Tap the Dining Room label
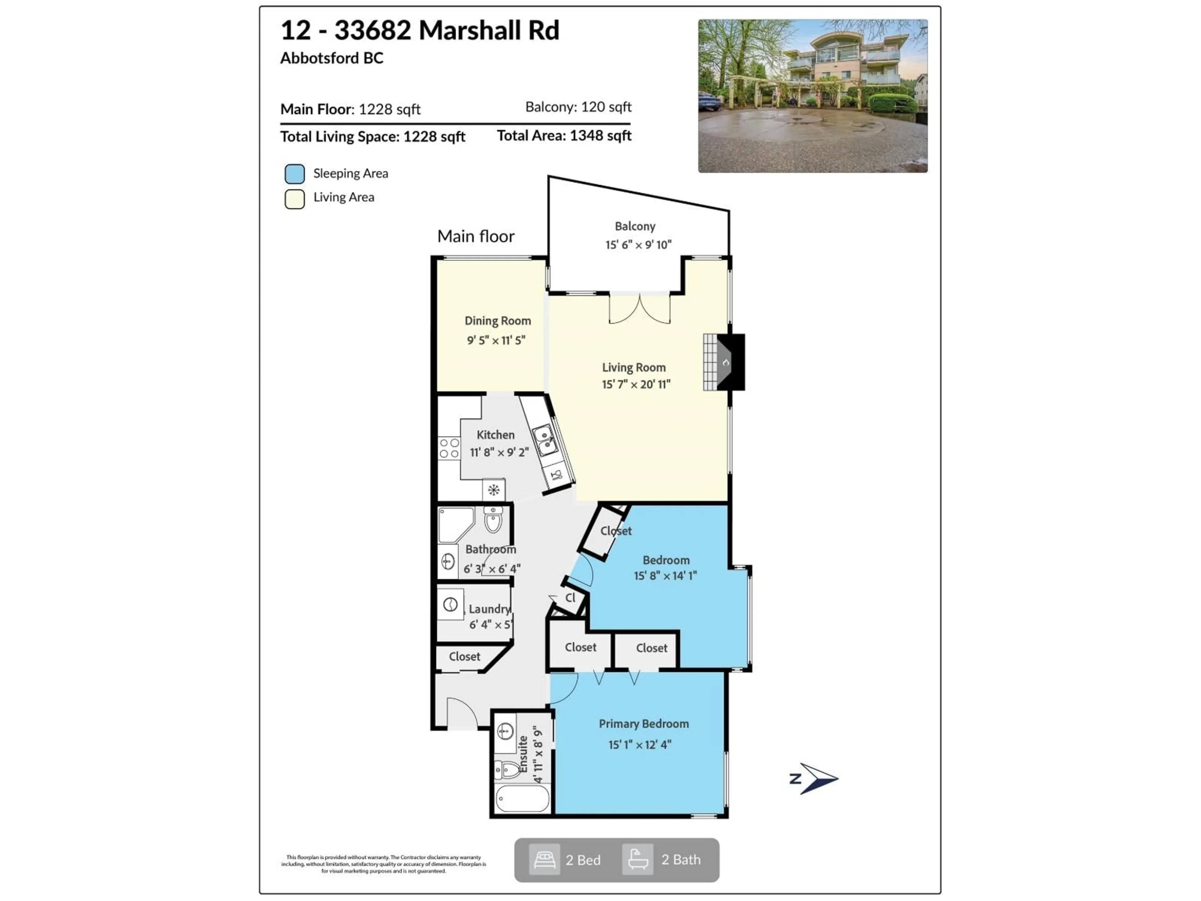tap(497, 321)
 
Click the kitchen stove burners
tap(449, 448)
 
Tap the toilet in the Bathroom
tap(493, 520)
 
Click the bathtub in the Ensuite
tap(522, 799)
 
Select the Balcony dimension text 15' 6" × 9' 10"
tap(638, 245)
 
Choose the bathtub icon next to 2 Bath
tap(637, 860)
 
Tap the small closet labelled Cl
tap(570, 598)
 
